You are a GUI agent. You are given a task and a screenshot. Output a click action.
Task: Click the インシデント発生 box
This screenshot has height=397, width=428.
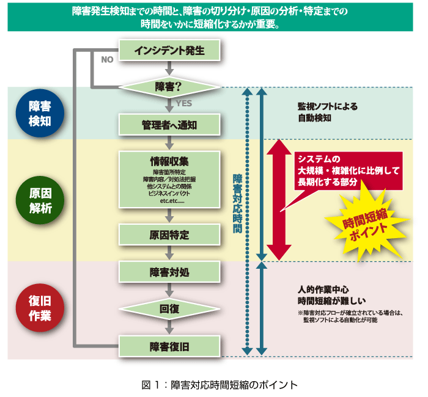click(169, 49)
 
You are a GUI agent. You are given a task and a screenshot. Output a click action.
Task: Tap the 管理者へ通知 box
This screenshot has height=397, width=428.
click(169, 125)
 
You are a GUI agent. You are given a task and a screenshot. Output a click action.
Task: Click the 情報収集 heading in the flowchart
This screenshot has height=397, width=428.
click(169, 161)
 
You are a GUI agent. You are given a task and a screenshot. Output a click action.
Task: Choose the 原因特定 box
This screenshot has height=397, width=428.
click(169, 235)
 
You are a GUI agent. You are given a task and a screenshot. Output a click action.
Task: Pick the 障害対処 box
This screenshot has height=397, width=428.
click(169, 272)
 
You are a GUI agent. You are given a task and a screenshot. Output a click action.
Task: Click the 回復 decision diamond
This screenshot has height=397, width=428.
click(169, 310)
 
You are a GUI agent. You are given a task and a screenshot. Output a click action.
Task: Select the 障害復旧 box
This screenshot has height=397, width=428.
click(169, 346)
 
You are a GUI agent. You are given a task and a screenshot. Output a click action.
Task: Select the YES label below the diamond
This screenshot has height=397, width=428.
click(183, 104)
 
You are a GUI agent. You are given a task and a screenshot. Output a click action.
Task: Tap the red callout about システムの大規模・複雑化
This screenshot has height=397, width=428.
click(347, 170)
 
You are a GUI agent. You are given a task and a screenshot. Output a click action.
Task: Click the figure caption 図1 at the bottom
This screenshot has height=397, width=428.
click(213, 385)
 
